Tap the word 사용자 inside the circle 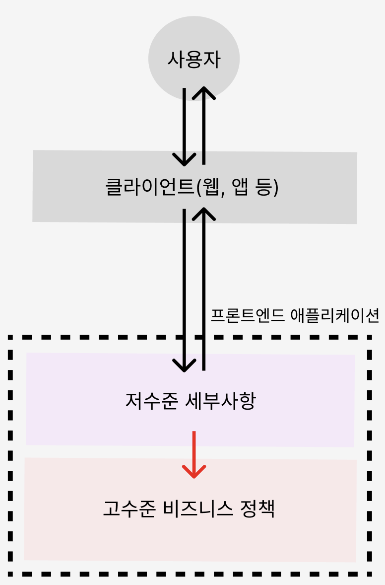[x=194, y=60]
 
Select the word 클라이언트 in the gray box [x=149, y=188]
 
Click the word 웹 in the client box [x=209, y=188]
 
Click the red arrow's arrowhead [x=194, y=472]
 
